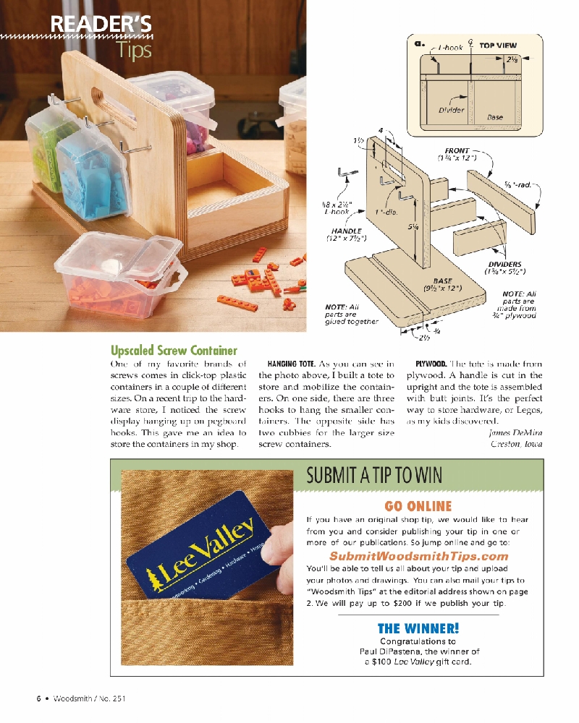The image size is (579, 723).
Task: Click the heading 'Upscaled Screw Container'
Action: coord(174,351)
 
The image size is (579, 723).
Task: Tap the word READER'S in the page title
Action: coord(101,25)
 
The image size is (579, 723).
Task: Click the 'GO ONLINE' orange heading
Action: coord(418,506)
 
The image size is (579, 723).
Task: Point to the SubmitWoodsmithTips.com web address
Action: coord(418,556)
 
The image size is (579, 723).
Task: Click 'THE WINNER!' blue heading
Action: coord(418,628)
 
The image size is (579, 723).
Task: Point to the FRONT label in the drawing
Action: coord(457,151)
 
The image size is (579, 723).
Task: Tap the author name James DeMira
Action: coord(515,432)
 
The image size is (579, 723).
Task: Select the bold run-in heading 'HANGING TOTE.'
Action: coord(292,364)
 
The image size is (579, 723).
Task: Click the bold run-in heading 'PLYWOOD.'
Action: coord(431,364)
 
